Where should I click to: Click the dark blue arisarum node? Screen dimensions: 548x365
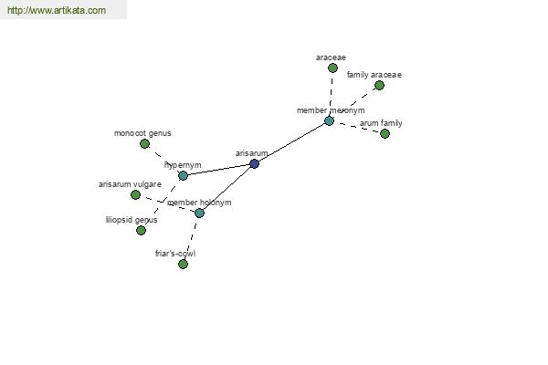[x=255, y=163]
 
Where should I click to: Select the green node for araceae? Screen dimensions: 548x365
[x=332, y=68]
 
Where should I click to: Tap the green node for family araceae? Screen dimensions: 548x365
[x=379, y=85]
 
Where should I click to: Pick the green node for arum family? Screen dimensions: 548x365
[x=385, y=133]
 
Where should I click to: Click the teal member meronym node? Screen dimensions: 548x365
[x=329, y=120]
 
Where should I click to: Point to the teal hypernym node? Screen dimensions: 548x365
[x=184, y=175]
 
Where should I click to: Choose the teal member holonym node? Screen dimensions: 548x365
[x=199, y=213]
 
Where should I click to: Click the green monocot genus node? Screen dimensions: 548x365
[x=144, y=143]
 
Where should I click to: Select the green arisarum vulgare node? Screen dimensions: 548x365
[x=135, y=194]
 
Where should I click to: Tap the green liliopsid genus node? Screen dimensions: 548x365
[x=141, y=230]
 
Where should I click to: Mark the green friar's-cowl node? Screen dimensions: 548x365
[x=184, y=264]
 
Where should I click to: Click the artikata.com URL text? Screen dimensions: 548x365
[x=57, y=10]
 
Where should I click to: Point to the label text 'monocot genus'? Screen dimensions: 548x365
[x=142, y=133]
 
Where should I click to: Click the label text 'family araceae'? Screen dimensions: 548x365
[x=374, y=75]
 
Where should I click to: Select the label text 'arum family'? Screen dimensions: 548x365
[x=381, y=123]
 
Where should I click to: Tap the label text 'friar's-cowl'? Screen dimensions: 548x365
[x=175, y=254]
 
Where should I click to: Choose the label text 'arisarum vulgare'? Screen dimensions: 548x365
[x=130, y=184]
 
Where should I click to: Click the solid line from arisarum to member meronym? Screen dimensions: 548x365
[x=292, y=142]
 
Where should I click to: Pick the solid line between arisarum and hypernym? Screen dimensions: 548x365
[x=219, y=170]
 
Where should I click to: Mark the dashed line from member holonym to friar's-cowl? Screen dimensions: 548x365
[x=191, y=238]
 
